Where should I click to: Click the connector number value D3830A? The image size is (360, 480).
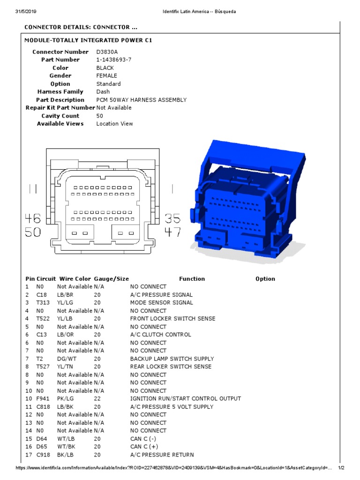click(108, 52)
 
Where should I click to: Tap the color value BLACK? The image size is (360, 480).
click(105, 68)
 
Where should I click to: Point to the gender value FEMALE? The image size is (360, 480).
click(107, 76)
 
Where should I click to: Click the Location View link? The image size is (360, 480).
click(114, 124)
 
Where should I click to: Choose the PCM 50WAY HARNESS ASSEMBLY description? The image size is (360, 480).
click(141, 100)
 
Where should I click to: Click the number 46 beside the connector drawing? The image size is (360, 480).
click(33, 218)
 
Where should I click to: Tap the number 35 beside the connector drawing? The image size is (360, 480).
click(172, 218)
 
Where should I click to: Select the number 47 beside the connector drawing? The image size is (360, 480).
click(172, 232)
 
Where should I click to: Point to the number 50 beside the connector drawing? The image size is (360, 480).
click(33, 232)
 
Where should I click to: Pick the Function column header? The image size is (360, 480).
click(192, 279)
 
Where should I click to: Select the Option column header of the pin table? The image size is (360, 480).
click(265, 279)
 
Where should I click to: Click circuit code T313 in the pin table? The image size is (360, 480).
click(43, 303)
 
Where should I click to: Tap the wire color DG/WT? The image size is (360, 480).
click(67, 359)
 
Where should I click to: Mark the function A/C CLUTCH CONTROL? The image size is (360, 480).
click(160, 335)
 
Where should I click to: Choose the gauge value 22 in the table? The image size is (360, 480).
click(97, 399)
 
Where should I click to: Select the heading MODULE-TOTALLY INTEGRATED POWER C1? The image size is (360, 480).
click(88, 40)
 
